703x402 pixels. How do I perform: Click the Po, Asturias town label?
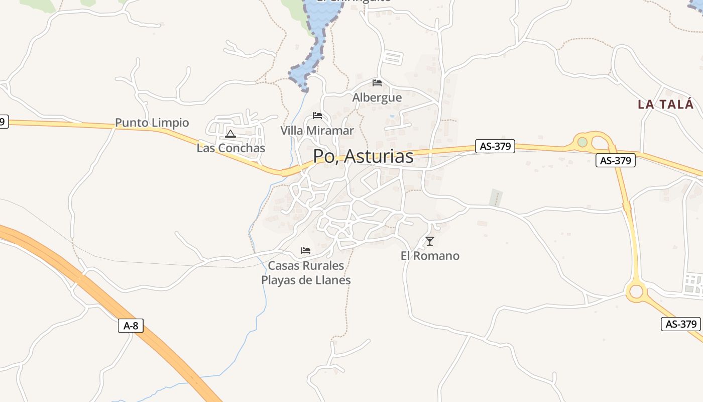click(363, 156)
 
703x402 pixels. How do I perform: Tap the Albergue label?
click(377, 97)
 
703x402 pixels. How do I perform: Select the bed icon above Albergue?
click(377, 83)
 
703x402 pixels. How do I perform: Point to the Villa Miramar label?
click(317, 131)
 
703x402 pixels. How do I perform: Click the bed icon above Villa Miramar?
click(317, 116)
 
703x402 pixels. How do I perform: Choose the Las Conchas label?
click(230, 148)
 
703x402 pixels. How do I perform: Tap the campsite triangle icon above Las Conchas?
click(230, 134)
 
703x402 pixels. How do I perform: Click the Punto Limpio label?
click(152, 123)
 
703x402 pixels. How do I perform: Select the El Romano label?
click(430, 256)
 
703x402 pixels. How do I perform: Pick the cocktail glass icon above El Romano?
click(429, 241)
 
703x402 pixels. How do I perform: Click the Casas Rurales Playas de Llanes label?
click(306, 273)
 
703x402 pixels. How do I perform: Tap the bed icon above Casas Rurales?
click(306, 250)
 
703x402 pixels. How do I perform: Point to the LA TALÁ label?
click(666, 105)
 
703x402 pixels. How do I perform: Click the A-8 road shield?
click(131, 326)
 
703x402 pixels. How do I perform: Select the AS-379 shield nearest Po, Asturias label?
click(495, 146)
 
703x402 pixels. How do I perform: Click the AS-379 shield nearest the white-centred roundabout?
click(681, 324)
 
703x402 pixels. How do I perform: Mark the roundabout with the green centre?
click(582, 142)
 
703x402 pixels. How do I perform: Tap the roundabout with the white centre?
click(636, 291)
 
